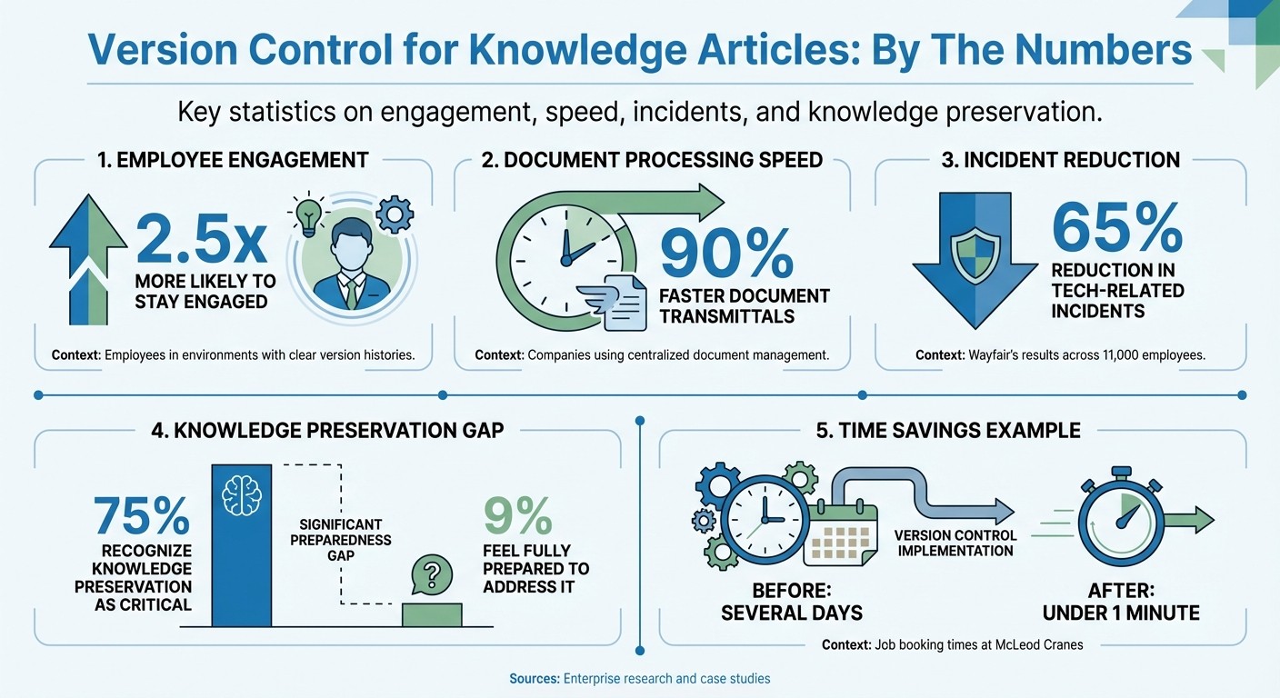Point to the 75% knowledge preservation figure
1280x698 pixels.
pos(142,516)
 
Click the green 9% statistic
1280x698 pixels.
pos(517,515)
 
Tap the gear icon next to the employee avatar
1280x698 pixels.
pos(395,215)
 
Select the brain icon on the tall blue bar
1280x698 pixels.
pos(242,494)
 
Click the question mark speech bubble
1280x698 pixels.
pos(432,575)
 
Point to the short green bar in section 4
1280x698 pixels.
pos(432,614)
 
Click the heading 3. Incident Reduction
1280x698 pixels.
pos(1061,161)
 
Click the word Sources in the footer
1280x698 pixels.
pos(534,678)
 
